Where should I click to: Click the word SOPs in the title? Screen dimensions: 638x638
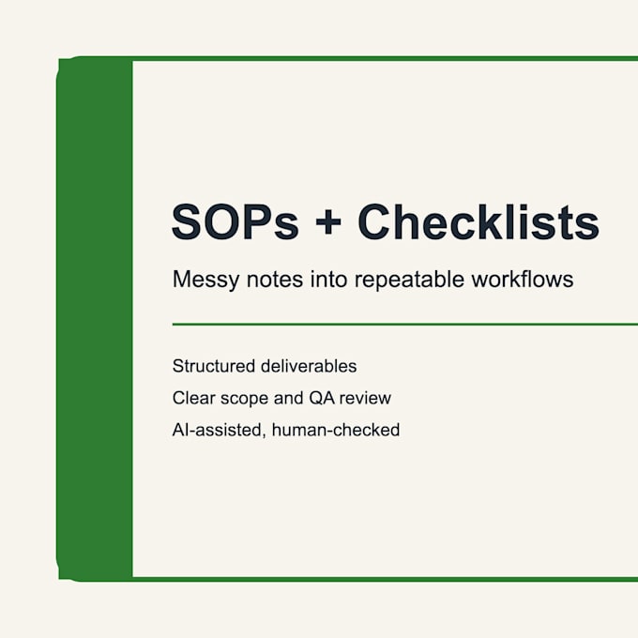(235, 221)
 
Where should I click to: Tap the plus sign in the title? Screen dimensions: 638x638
(328, 222)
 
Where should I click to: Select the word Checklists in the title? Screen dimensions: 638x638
(478, 221)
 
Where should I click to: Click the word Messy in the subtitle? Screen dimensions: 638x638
(205, 281)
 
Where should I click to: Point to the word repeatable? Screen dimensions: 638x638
(409, 280)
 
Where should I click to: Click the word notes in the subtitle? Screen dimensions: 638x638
(275, 280)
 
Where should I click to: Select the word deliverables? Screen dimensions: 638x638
(309, 366)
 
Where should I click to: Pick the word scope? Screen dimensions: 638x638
(244, 399)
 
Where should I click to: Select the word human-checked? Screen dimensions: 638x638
(336, 430)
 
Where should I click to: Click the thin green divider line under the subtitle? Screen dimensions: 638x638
(405, 325)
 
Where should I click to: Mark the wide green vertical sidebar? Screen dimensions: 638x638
(95, 319)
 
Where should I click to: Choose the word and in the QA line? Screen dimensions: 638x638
(288, 398)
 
